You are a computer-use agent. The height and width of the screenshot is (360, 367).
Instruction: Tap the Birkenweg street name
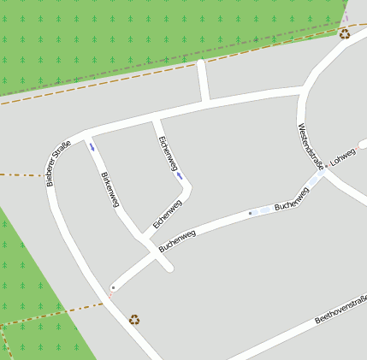[110, 190]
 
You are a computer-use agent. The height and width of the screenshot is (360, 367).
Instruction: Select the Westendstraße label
[309, 145]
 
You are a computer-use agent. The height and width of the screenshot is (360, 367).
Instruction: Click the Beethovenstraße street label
[340, 309]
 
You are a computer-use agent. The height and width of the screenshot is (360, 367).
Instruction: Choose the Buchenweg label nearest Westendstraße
[292, 199]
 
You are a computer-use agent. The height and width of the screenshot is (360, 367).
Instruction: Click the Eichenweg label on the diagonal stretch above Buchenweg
[168, 214]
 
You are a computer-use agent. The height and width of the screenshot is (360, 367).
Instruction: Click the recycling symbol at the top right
[344, 34]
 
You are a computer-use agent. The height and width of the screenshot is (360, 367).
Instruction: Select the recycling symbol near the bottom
[134, 320]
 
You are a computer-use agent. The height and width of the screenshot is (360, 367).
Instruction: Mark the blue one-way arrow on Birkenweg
[92, 147]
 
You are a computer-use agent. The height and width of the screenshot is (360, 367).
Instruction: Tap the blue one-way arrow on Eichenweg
[180, 176]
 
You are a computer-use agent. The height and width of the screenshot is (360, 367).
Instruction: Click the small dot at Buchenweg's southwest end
[113, 287]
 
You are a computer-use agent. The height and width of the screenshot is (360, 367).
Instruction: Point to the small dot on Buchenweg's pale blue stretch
[251, 213]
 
